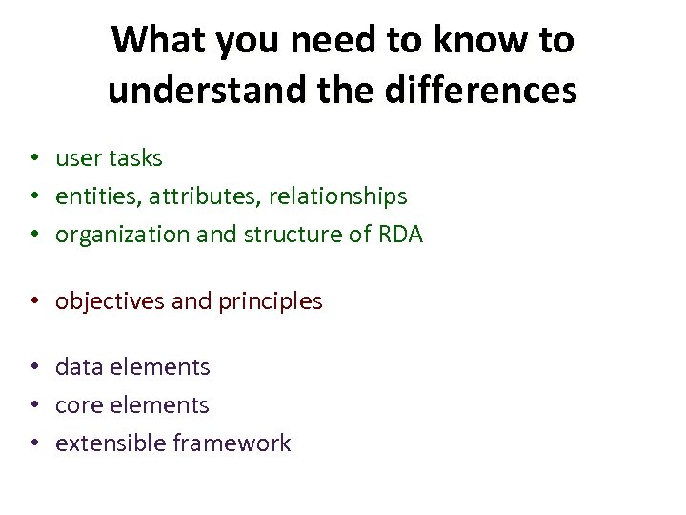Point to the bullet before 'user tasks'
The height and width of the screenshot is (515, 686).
32,158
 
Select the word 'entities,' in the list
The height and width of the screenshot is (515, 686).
95,196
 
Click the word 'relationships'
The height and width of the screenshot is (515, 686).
337,196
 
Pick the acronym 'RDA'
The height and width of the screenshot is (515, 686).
400,235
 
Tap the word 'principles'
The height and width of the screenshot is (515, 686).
271,301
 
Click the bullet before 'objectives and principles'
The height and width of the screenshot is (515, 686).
32,301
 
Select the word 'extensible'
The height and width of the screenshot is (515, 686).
111,443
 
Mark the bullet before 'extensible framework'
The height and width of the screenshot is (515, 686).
32,443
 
